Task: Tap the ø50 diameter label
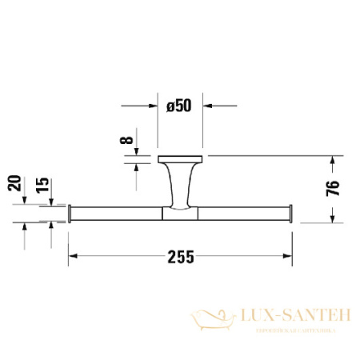(x=180, y=105)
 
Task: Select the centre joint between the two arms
(x=179, y=213)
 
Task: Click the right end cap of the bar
(x=290, y=213)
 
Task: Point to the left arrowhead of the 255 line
(x=72, y=256)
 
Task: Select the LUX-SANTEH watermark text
(x=290, y=317)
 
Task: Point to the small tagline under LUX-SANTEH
(x=290, y=330)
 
